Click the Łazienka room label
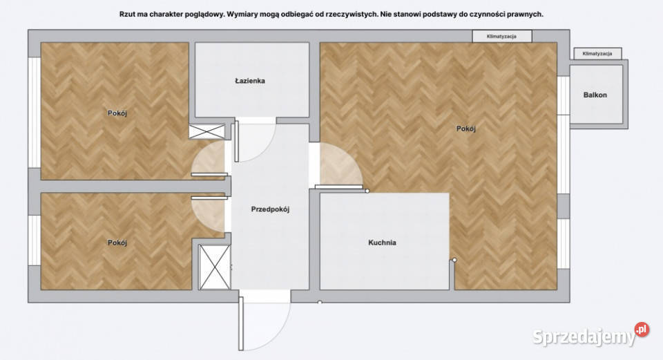click(x=250, y=80)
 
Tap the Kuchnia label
click(x=382, y=243)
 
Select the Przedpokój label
click(x=270, y=209)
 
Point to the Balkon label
click(x=595, y=95)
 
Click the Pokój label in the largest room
click(x=466, y=129)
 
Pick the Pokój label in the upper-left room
click(x=117, y=113)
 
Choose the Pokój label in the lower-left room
click(x=117, y=243)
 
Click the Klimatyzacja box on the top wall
click(x=502, y=37)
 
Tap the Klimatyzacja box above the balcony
click(x=597, y=54)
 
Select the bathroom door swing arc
click(x=256, y=140)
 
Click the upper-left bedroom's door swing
click(x=208, y=158)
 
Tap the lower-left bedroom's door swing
click(x=208, y=214)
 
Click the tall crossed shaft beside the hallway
click(x=214, y=267)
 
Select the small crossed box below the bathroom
click(x=206, y=131)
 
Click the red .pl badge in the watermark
click(x=642, y=330)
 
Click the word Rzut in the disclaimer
click(x=127, y=14)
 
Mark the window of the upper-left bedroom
click(x=35, y=113)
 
